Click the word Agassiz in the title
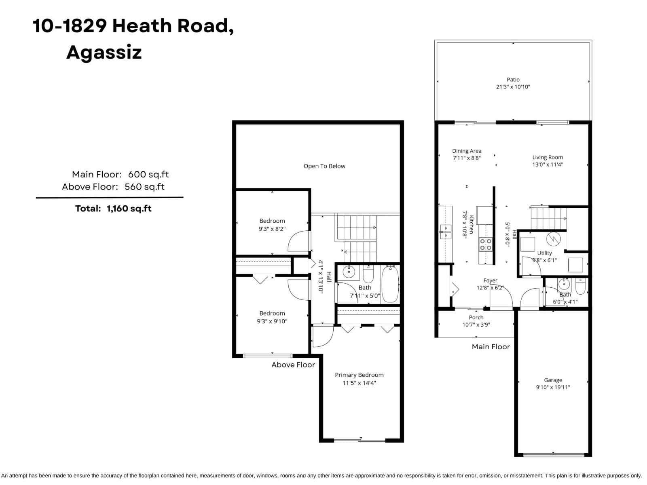tap(104, 53)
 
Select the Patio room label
tap(513, 80)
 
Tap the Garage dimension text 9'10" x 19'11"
tap(553, 387)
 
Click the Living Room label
tap(548, 157)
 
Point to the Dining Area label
tap(467, 151)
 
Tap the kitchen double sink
tap(445, 232)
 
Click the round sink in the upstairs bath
tap(349, 272)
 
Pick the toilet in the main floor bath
tap(580, 287)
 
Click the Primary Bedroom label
tap(359, 375)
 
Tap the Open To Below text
tap(324, 166)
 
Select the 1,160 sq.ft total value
tap(129, 209)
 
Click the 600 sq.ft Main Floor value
tap(148, 174)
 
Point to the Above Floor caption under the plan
tap(293, 365)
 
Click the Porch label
tap(476, 317)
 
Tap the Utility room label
tap(544, 253)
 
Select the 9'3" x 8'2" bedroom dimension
tap(272, 229)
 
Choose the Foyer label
tap(490, 280)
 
